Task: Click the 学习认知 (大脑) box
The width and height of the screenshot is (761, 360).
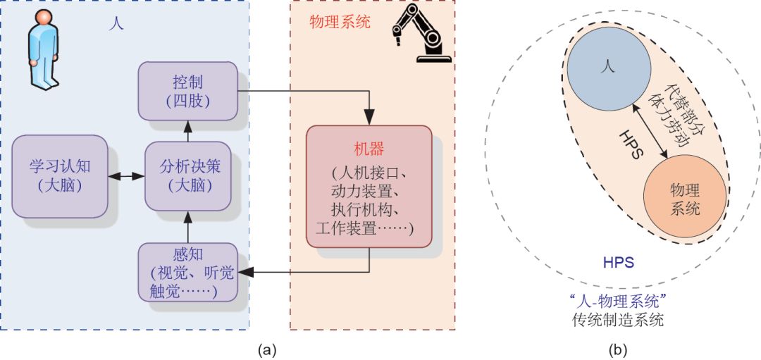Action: click(61, 176)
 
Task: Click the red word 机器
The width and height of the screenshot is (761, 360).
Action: click(369, 150)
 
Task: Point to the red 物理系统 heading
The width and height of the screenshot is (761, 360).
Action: click(340, 22)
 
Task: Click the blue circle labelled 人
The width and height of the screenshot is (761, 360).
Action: click(607, 68)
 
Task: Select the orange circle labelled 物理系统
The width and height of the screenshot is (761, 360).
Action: click(686, 199)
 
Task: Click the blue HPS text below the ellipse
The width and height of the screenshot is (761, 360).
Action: click(618, 263)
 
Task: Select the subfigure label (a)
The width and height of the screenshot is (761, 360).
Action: click(266, 349)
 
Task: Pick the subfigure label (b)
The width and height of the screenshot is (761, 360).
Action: click(617, 349)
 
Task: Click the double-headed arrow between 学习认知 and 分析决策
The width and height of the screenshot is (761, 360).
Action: click(126, 176)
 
